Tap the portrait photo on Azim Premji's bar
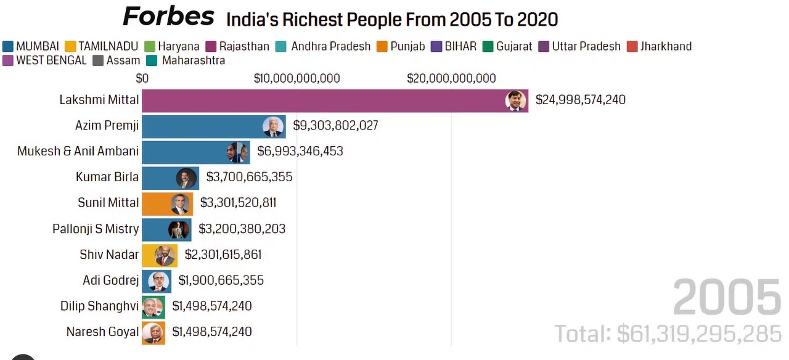[273, 127]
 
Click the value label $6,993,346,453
[300, 151]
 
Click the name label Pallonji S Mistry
[96, 229]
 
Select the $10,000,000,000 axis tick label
[297, 78]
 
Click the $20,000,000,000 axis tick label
[451, 78]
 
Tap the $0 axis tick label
[142, 78]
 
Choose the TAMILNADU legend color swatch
[70, 47]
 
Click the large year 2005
[727, 298]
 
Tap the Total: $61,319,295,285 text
[668, 334]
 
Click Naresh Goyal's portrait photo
[153, 333]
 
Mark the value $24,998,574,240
[580, 100]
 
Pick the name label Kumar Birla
[107, 177]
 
